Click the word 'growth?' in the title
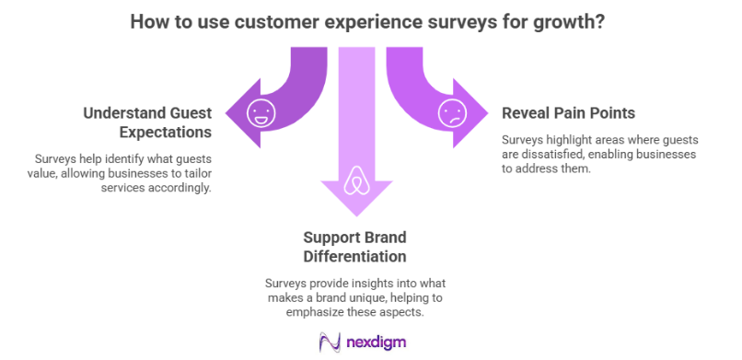pos(569,21)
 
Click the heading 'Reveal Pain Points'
pos(568,113)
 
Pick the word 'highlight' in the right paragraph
pos(565,140)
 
